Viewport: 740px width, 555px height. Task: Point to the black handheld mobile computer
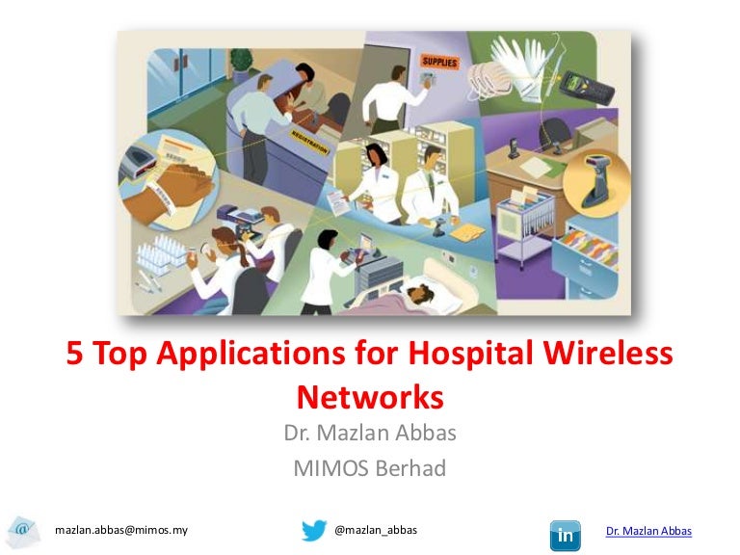coord(589,88)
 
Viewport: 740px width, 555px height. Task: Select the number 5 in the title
coord(75,356)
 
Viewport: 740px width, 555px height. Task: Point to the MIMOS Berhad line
coord(369,469)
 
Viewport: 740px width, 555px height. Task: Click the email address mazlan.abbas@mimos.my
coord(120,531)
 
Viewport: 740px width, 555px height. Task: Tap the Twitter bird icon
coord(314,531)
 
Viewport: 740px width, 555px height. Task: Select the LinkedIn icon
coord(565,532)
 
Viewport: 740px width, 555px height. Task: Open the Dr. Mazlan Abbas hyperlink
coord(648,532)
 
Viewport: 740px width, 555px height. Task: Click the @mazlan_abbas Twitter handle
coord(375,531)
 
